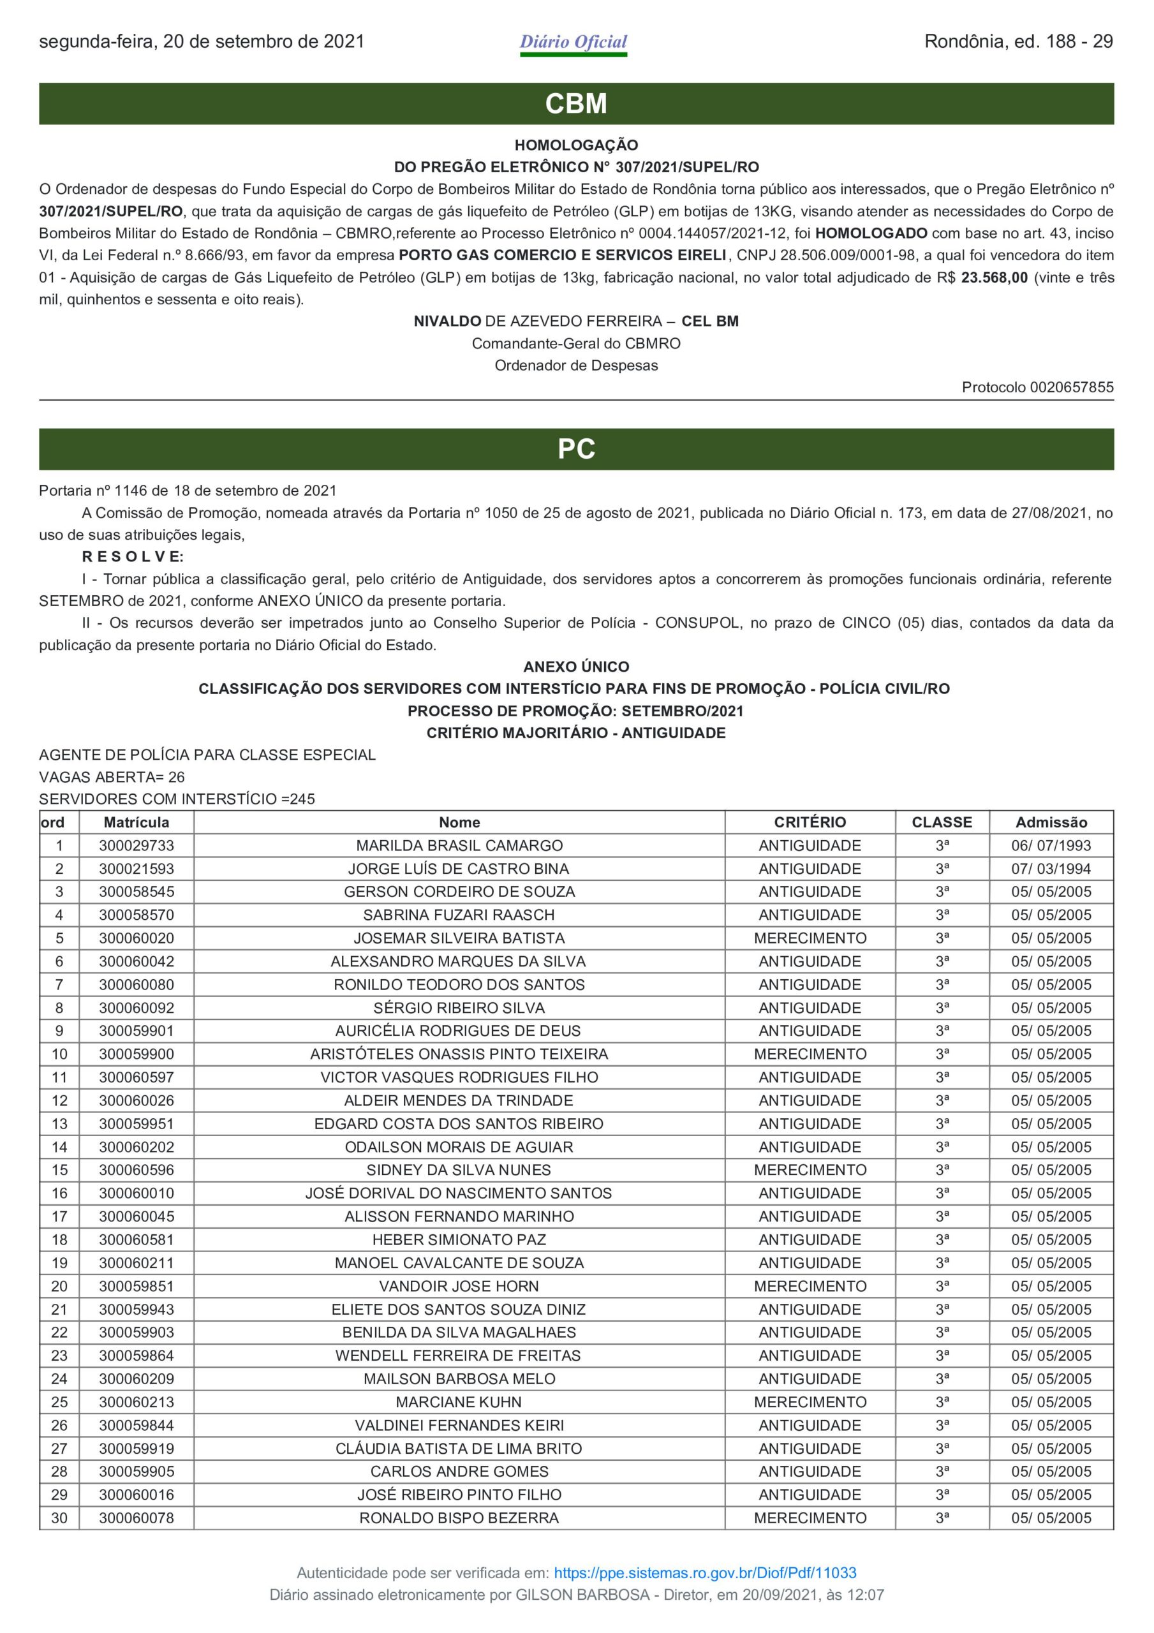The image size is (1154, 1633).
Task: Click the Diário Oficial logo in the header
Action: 573,43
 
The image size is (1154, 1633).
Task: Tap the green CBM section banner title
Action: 576,104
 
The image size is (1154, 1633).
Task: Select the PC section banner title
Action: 576,449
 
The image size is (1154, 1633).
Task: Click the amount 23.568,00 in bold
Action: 994,278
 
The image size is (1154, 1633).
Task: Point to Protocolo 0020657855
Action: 1037,388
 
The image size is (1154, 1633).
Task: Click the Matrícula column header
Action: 137,822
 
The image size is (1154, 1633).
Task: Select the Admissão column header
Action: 1051,822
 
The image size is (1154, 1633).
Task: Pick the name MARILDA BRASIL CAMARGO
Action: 459,846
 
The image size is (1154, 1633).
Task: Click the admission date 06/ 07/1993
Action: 1051,846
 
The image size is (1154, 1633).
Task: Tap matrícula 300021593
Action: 137,869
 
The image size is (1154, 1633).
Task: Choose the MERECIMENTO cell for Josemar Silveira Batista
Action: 810,938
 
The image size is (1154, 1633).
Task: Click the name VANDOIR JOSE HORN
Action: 459,1286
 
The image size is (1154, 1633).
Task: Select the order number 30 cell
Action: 59,1518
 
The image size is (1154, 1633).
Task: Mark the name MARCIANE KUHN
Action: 459,1402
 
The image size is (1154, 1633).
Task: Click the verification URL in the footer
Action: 704,1572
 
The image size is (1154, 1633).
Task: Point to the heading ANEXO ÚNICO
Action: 576,667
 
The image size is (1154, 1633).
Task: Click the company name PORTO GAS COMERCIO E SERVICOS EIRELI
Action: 562,255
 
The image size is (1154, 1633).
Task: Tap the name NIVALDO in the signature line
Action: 448,321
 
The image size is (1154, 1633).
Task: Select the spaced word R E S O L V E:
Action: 133,557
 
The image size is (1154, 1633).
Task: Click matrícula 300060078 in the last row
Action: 137,1518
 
